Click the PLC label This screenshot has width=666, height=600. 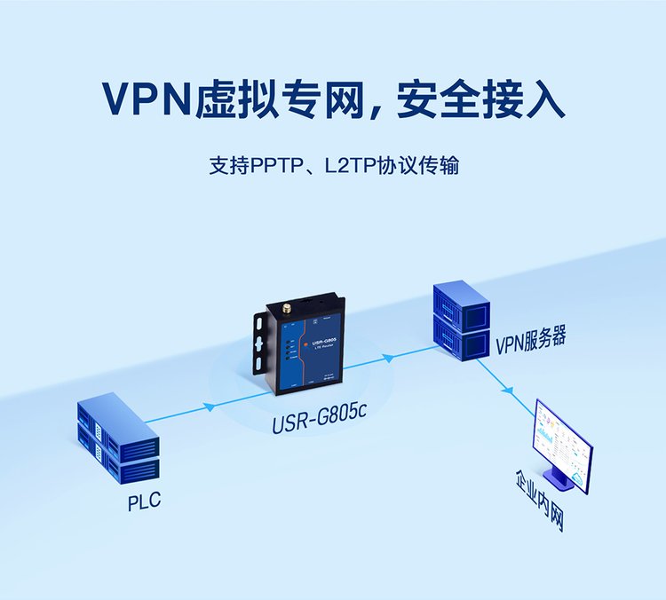pyautogui.click(x=144, y=502)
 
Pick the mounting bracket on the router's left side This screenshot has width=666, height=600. pyautogui.click(x=259, y=342)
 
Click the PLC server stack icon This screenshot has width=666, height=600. pyautogui.click(x=116, y=440)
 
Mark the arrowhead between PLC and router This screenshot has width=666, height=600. pyautogui.click(x=210, y=407)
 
